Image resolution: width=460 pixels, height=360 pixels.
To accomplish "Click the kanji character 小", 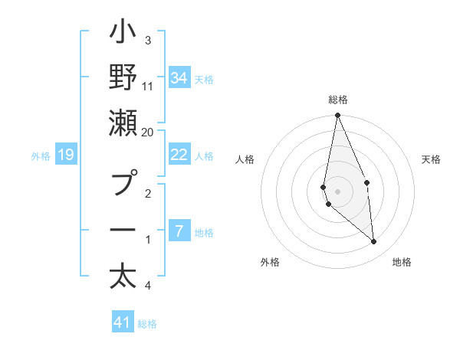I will (x=123, y=34).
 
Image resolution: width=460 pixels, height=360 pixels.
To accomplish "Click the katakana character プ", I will (x=123, y=184).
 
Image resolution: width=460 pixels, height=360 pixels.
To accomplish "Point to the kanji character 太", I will (x=123, y=276).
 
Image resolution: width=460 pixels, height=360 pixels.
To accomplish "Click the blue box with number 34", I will (x=179, y=78).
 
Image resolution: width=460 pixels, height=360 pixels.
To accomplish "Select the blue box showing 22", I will (x=179, y=155).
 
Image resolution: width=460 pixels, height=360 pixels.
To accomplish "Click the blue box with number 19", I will (x=65, y=155).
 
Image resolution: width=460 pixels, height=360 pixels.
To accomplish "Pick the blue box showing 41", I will (x=123, y=322).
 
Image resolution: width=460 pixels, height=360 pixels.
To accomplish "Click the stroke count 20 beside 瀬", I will (x=148, y=132).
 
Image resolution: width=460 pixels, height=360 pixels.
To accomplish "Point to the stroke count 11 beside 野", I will (x=148, y=86).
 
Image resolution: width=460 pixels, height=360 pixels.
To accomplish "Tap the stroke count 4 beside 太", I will (x=147, y=286).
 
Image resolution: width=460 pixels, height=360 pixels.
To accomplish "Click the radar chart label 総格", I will (x=338, y=100).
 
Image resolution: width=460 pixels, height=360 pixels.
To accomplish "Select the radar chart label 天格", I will (x=432, y=159).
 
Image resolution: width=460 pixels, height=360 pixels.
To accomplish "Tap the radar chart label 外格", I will (x=270, y=262).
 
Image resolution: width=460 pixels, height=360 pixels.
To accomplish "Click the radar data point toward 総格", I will (x=337, y=116).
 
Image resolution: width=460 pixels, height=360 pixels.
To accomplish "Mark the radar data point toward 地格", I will (x=373, y=242).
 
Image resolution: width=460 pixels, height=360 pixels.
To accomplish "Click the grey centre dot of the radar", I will (x=337, y=191).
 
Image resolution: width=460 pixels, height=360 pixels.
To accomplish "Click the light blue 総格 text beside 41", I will (x=147, y=324).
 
